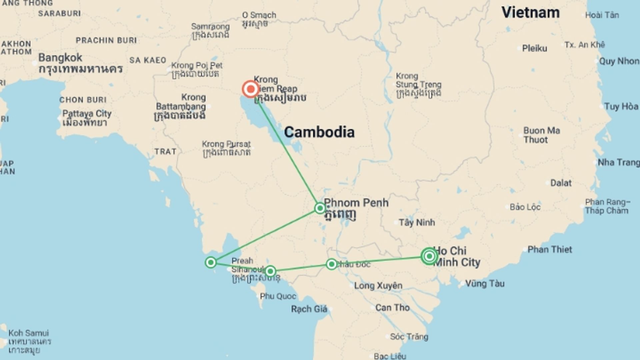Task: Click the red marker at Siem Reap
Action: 250,89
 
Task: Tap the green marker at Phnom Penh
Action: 320,208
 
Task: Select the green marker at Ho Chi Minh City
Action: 429,256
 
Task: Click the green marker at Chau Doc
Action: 331,264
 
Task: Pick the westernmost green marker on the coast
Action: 211,263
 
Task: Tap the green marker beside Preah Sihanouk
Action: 270,271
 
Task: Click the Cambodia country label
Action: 319,132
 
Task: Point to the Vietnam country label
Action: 530,13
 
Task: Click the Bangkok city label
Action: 60,58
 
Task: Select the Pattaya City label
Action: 87,114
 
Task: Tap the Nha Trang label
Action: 618,162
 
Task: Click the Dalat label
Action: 561,183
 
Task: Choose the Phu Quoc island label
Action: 278,296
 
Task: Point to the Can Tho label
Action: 392,308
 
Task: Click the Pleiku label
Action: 534,48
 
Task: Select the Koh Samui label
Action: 29,333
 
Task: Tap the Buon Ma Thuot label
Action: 541,135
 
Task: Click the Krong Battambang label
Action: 181,107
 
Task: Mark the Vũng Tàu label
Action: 485,284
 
